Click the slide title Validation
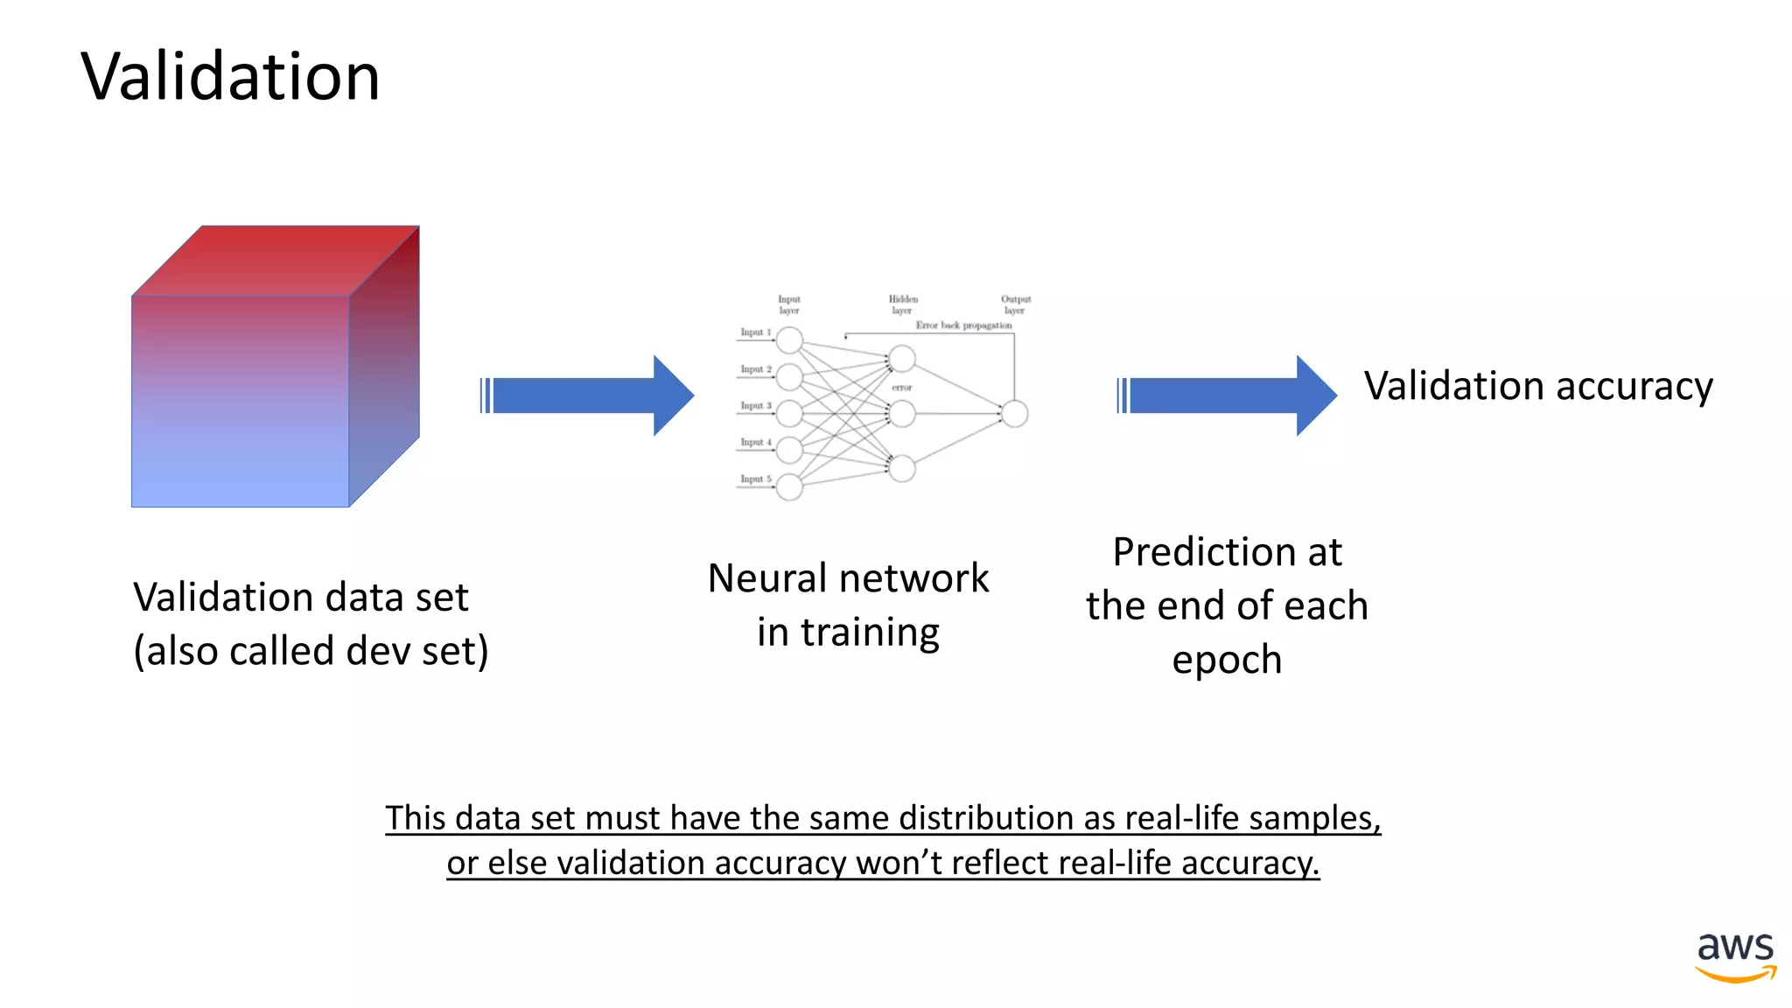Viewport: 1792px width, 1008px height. [230, 77]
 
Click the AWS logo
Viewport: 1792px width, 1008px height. [1735, 957]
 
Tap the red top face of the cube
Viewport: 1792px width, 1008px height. [276, 260]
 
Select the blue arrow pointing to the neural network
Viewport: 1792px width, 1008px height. [587, 395]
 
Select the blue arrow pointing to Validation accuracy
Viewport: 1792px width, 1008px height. [1227, 395]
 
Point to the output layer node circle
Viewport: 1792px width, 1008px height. [1014, 413]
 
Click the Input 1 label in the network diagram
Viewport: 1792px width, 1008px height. [755, 332]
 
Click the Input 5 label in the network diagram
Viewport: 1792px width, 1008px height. [755, 479]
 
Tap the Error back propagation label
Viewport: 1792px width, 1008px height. [963, 325]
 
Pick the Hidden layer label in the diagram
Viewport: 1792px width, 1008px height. [903, 304]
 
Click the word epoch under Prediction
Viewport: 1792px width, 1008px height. [1227, 661]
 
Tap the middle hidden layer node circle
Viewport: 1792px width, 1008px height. [902, 413]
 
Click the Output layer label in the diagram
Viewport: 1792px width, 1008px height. [1015, 304]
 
